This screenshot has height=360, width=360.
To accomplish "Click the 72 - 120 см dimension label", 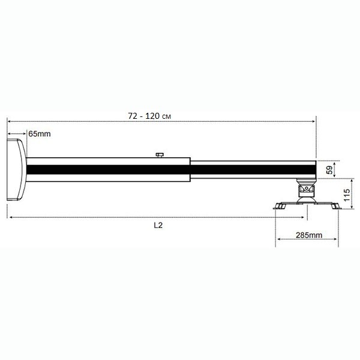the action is click(x=149, y=116).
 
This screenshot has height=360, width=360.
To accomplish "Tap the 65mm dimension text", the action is click(x=40, y=134).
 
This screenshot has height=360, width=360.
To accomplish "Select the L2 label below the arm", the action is click(x=158, y=225).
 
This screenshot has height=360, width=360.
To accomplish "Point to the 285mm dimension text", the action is click(x=309, y=235).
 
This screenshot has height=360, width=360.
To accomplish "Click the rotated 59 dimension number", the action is click(x=329, y=170).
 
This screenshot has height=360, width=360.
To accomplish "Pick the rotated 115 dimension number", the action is click(x=347, y=194).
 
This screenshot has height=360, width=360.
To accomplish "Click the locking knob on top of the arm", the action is click(x=160, y=155).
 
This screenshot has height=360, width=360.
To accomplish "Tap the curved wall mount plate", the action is click(x=17, y=170).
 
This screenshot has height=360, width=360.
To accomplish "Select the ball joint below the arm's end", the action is click(x=306, y=190).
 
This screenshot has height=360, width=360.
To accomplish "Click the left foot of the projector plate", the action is click(x=280, y=206).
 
